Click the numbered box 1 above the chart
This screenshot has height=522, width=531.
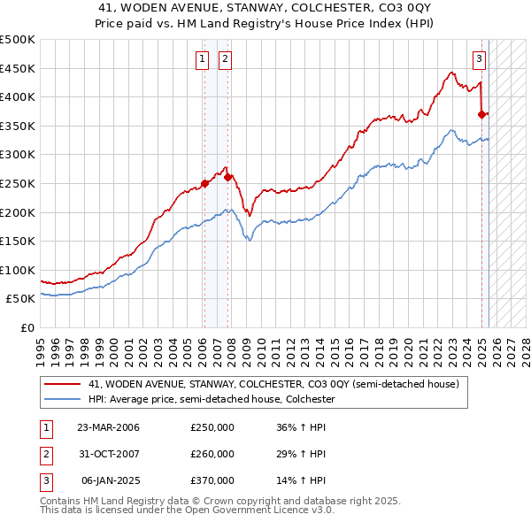tap(203, 59)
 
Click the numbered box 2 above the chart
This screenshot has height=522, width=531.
tap(226, 59)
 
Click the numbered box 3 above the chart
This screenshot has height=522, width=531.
tap(479, 59)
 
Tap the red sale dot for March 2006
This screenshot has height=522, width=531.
tap(204, 184)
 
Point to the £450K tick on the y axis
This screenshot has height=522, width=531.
tap(18, 68)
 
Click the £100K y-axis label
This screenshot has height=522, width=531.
tap(18, 270)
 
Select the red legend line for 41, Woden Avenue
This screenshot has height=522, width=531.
tap(64, 385)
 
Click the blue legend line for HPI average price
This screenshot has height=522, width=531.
tap(64, 400)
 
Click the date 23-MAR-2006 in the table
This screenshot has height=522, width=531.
tap(108, 428)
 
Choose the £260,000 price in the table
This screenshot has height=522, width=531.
tap(212, 454)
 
